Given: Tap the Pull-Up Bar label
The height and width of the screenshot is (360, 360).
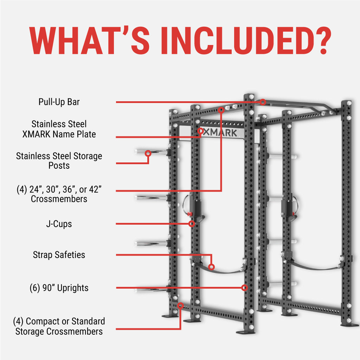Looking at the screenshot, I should (59, 102).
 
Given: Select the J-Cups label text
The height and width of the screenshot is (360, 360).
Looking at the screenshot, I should (59, 224).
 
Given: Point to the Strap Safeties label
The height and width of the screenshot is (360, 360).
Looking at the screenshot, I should (59, 255).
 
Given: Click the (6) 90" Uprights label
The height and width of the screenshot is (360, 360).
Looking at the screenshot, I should (59, 288).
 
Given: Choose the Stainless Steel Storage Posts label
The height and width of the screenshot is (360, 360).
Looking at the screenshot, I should (59, 160).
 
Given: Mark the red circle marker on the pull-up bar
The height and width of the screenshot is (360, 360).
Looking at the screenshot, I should (263, 102).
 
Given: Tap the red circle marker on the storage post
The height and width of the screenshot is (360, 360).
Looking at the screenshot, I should (148, 153).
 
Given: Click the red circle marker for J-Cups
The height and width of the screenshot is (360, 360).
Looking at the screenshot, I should (192, 224).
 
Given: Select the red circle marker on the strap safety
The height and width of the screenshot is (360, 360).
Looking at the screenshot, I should (211, 267).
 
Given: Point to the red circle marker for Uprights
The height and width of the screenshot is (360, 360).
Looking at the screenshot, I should (245, 288).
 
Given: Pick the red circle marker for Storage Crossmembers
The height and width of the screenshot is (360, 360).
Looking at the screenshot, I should (180, 306).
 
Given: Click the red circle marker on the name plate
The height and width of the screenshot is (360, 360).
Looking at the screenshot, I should (200, 131).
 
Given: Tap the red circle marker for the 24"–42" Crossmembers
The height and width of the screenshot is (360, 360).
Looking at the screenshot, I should (221, 110).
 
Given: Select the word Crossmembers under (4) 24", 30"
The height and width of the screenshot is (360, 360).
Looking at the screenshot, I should (59, 199).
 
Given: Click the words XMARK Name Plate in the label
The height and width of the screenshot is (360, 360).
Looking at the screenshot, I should (63, 134).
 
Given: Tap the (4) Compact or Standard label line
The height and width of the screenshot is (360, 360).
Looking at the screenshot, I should (59, 321).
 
